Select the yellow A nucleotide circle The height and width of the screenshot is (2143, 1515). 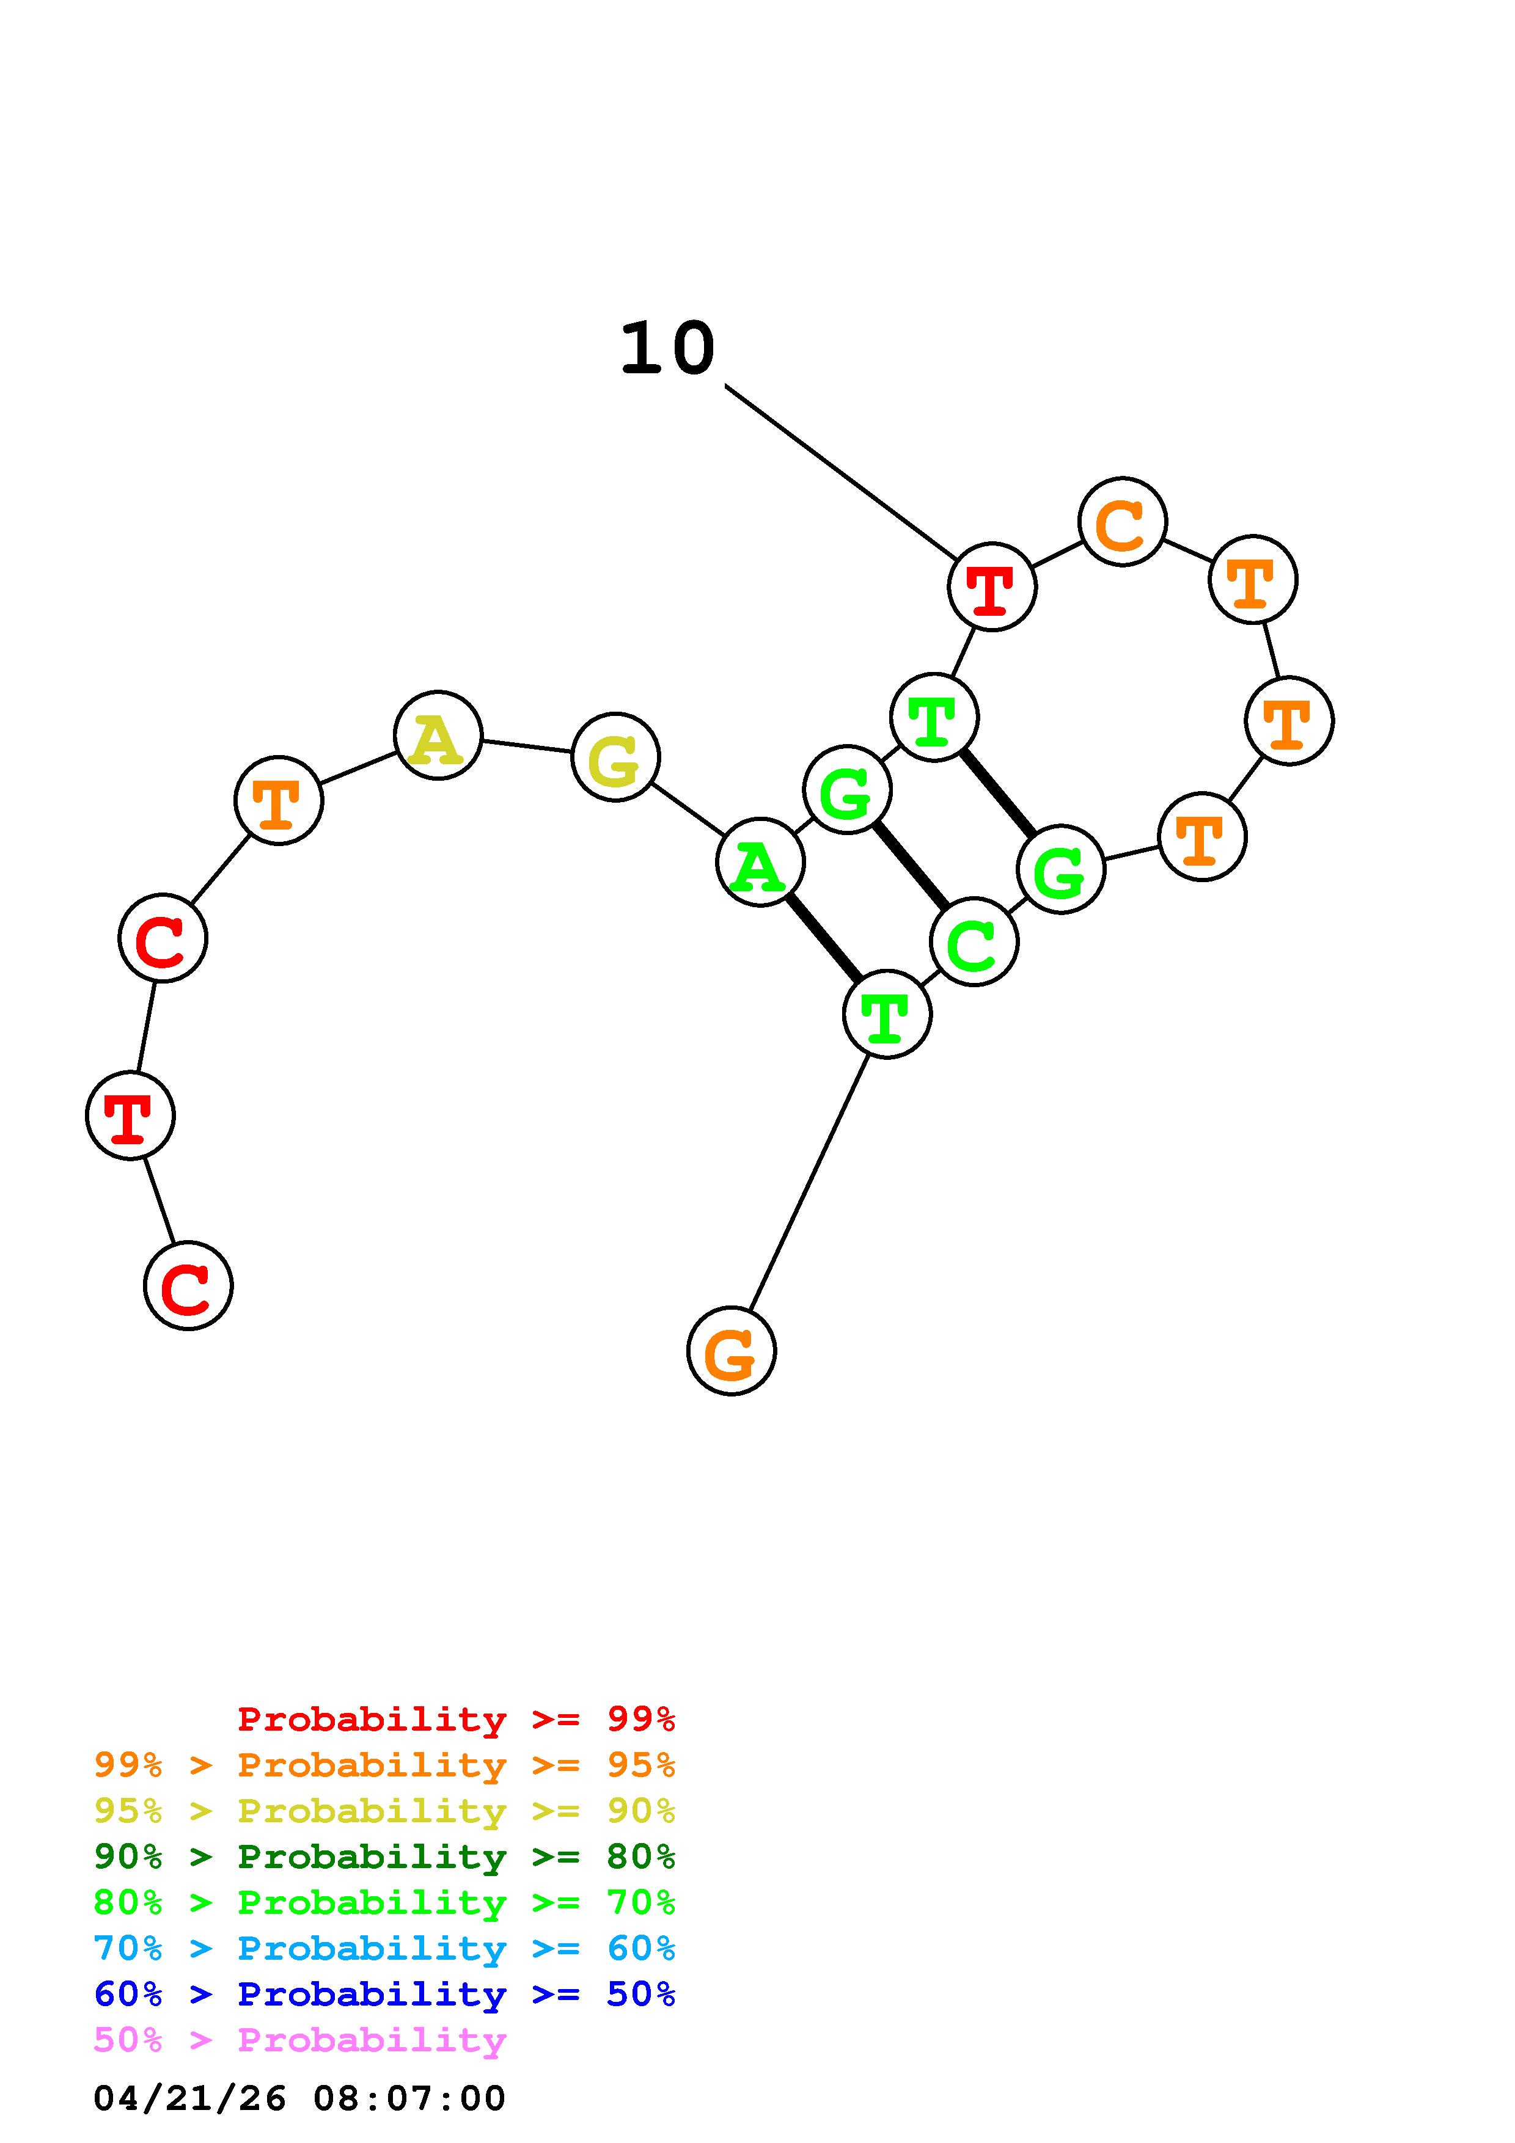[x=438, y=736]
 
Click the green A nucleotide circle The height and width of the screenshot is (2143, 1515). [x=760, y=863]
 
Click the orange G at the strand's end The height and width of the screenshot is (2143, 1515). [x=731, y=1351]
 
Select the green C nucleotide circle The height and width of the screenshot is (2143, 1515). [x=974, y=942]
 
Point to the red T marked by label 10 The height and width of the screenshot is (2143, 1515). [x=991, y=587]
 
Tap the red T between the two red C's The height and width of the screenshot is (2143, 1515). [x=130, y=1115]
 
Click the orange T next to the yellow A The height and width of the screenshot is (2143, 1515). [x=278, y=801]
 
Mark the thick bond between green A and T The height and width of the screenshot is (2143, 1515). [x=823, y=938]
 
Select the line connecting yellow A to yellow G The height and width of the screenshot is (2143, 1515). [x=526, y=746]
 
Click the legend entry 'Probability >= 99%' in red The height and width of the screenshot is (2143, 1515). [x=455, y=1718]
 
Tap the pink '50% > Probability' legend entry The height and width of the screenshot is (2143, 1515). [x=299, y=2040]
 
